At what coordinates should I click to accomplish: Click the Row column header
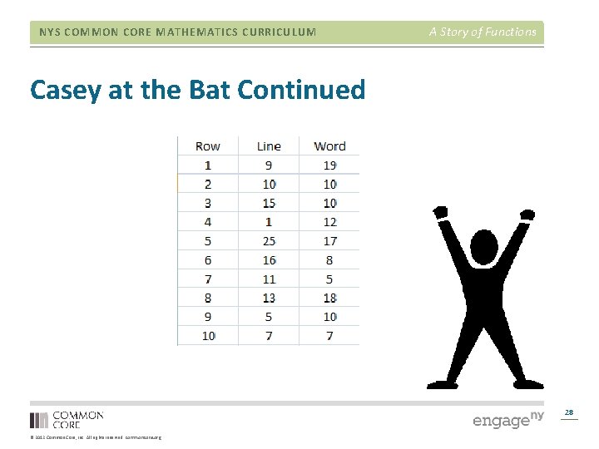click(x=207, y=146)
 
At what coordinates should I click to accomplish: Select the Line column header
click(x=269, y=146)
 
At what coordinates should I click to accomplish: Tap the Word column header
click(x=329, y=146)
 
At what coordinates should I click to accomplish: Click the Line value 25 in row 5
click(x=269, y=241)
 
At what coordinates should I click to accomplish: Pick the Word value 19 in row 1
click(x=329, y=165)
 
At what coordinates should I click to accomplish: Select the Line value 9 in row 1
click(x=269, y=165)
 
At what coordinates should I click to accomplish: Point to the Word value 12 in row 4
click(x=329, y=222)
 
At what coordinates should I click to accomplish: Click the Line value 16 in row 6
click(x=269, y=260)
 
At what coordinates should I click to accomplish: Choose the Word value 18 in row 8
click(x=329, y=298)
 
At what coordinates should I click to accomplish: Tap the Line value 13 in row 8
click(x=269, y=298)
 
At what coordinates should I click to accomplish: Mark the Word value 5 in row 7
click(x=329, y=279)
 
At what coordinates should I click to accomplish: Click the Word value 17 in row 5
click(x=329, y=241)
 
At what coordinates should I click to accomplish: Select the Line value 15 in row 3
click(x=269, y=203)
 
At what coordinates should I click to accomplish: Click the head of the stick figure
click(x=484, y=247)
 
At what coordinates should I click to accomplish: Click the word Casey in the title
click(x=67, y=90)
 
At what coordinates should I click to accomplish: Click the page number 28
click(x=569, y=412)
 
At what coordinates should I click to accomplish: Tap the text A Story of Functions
click(x=483, y=32)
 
